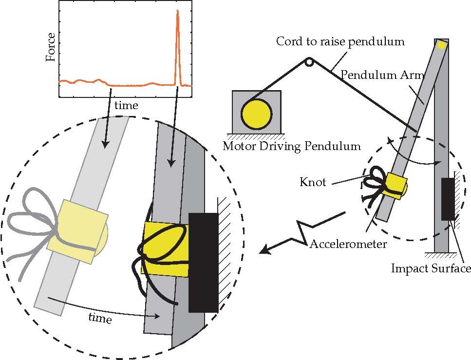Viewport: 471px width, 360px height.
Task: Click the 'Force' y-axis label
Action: pyautogui.click(x=51, y=47)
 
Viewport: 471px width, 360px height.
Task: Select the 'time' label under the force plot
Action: pyautogui.click(x=126, y=105)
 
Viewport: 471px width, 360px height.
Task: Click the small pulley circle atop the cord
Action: pyautogui.click(x=309, y=62)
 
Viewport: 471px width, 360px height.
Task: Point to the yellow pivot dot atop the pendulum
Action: pyautogui.click(x=441, y=45)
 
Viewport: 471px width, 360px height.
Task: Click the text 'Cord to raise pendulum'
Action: pyautogui.click(x=340, y=41)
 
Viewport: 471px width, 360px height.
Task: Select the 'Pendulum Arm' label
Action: pyautogui.click(x=382, y=76)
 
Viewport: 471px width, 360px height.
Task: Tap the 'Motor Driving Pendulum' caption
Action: pyautogui.click(x=291, y=146)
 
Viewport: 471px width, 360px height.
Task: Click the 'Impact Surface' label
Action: pyautogui.click(x=431, y=268)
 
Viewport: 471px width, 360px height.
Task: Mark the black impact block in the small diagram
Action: pyautogui.click(x=448, y=198)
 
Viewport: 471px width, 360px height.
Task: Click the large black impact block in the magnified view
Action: pyautogui.click(x=203, y=262)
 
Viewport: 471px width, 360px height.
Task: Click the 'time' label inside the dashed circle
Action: pyautogui.click(x=100, y=319)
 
